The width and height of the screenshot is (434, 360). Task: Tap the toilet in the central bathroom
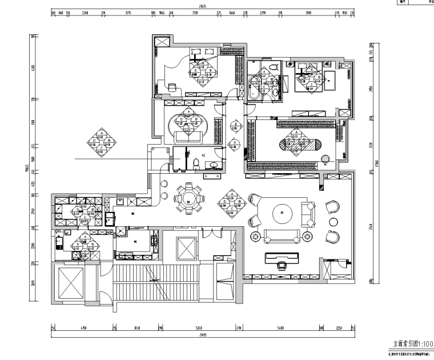(x=196, y=164)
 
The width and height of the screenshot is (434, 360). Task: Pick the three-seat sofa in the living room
(x=282, y=235)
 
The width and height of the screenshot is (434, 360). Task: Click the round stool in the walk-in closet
(x=325, y=158)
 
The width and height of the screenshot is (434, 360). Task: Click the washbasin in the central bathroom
(x=214, y=165)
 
